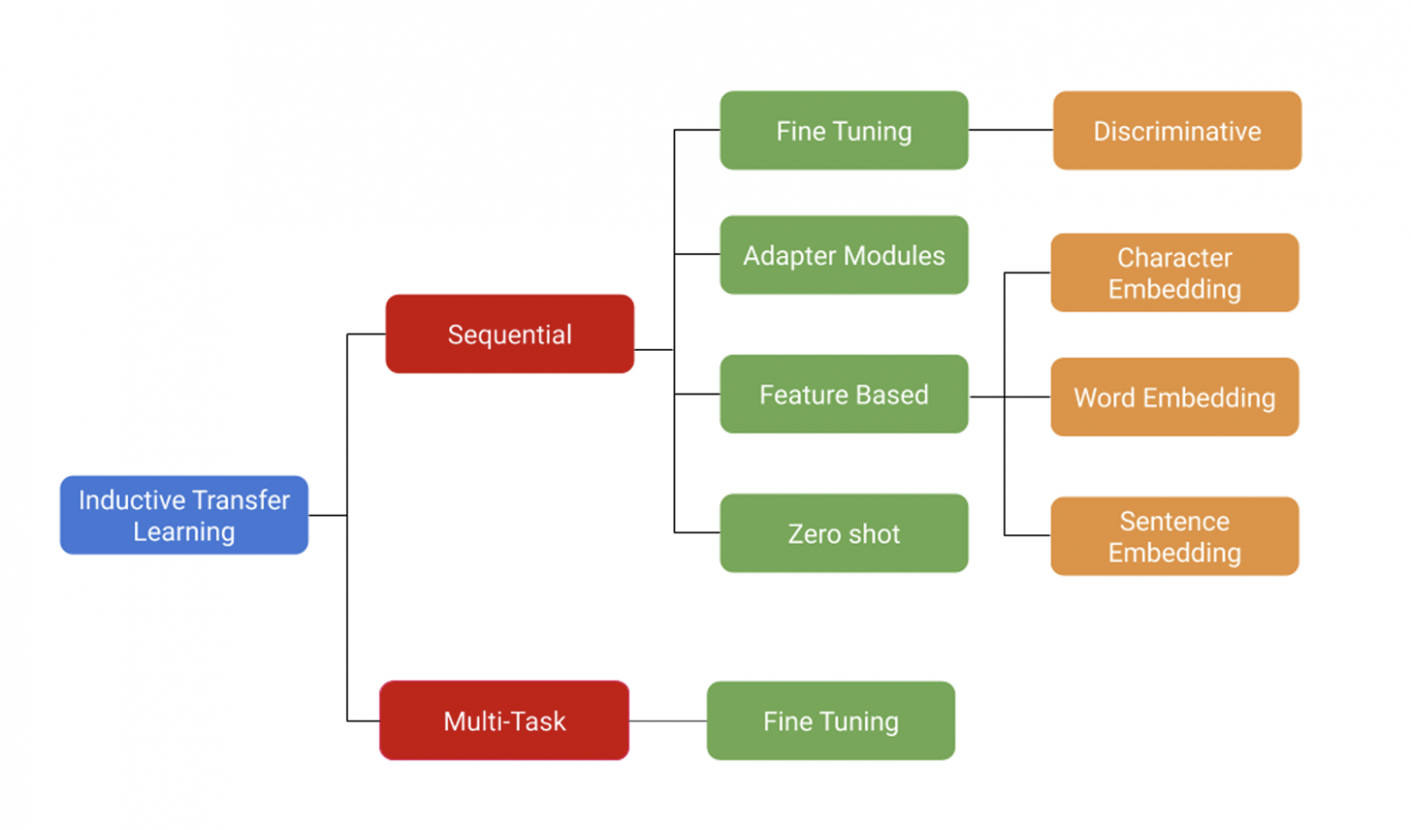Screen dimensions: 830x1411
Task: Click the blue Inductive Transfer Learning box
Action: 184,515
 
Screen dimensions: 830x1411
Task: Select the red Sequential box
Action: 509,334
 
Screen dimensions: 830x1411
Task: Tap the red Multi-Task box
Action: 504,721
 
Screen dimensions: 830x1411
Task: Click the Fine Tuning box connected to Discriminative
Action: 843,130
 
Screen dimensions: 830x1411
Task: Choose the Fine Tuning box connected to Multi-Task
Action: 830,721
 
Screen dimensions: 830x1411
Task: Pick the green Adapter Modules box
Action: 843,255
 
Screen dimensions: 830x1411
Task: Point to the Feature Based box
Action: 843,394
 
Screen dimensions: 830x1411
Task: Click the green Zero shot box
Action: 843,533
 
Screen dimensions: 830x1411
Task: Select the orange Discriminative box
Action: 1177,130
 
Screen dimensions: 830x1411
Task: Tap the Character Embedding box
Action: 1174,273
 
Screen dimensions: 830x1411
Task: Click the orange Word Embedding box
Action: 1174,397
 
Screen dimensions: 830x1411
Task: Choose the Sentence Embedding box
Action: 1174,536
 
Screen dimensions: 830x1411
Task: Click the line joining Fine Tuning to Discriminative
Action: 1010,130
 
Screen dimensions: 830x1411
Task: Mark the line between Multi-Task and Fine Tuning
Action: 668,721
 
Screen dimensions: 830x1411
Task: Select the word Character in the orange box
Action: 1174,258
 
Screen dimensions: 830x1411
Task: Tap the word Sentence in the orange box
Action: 1174,522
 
